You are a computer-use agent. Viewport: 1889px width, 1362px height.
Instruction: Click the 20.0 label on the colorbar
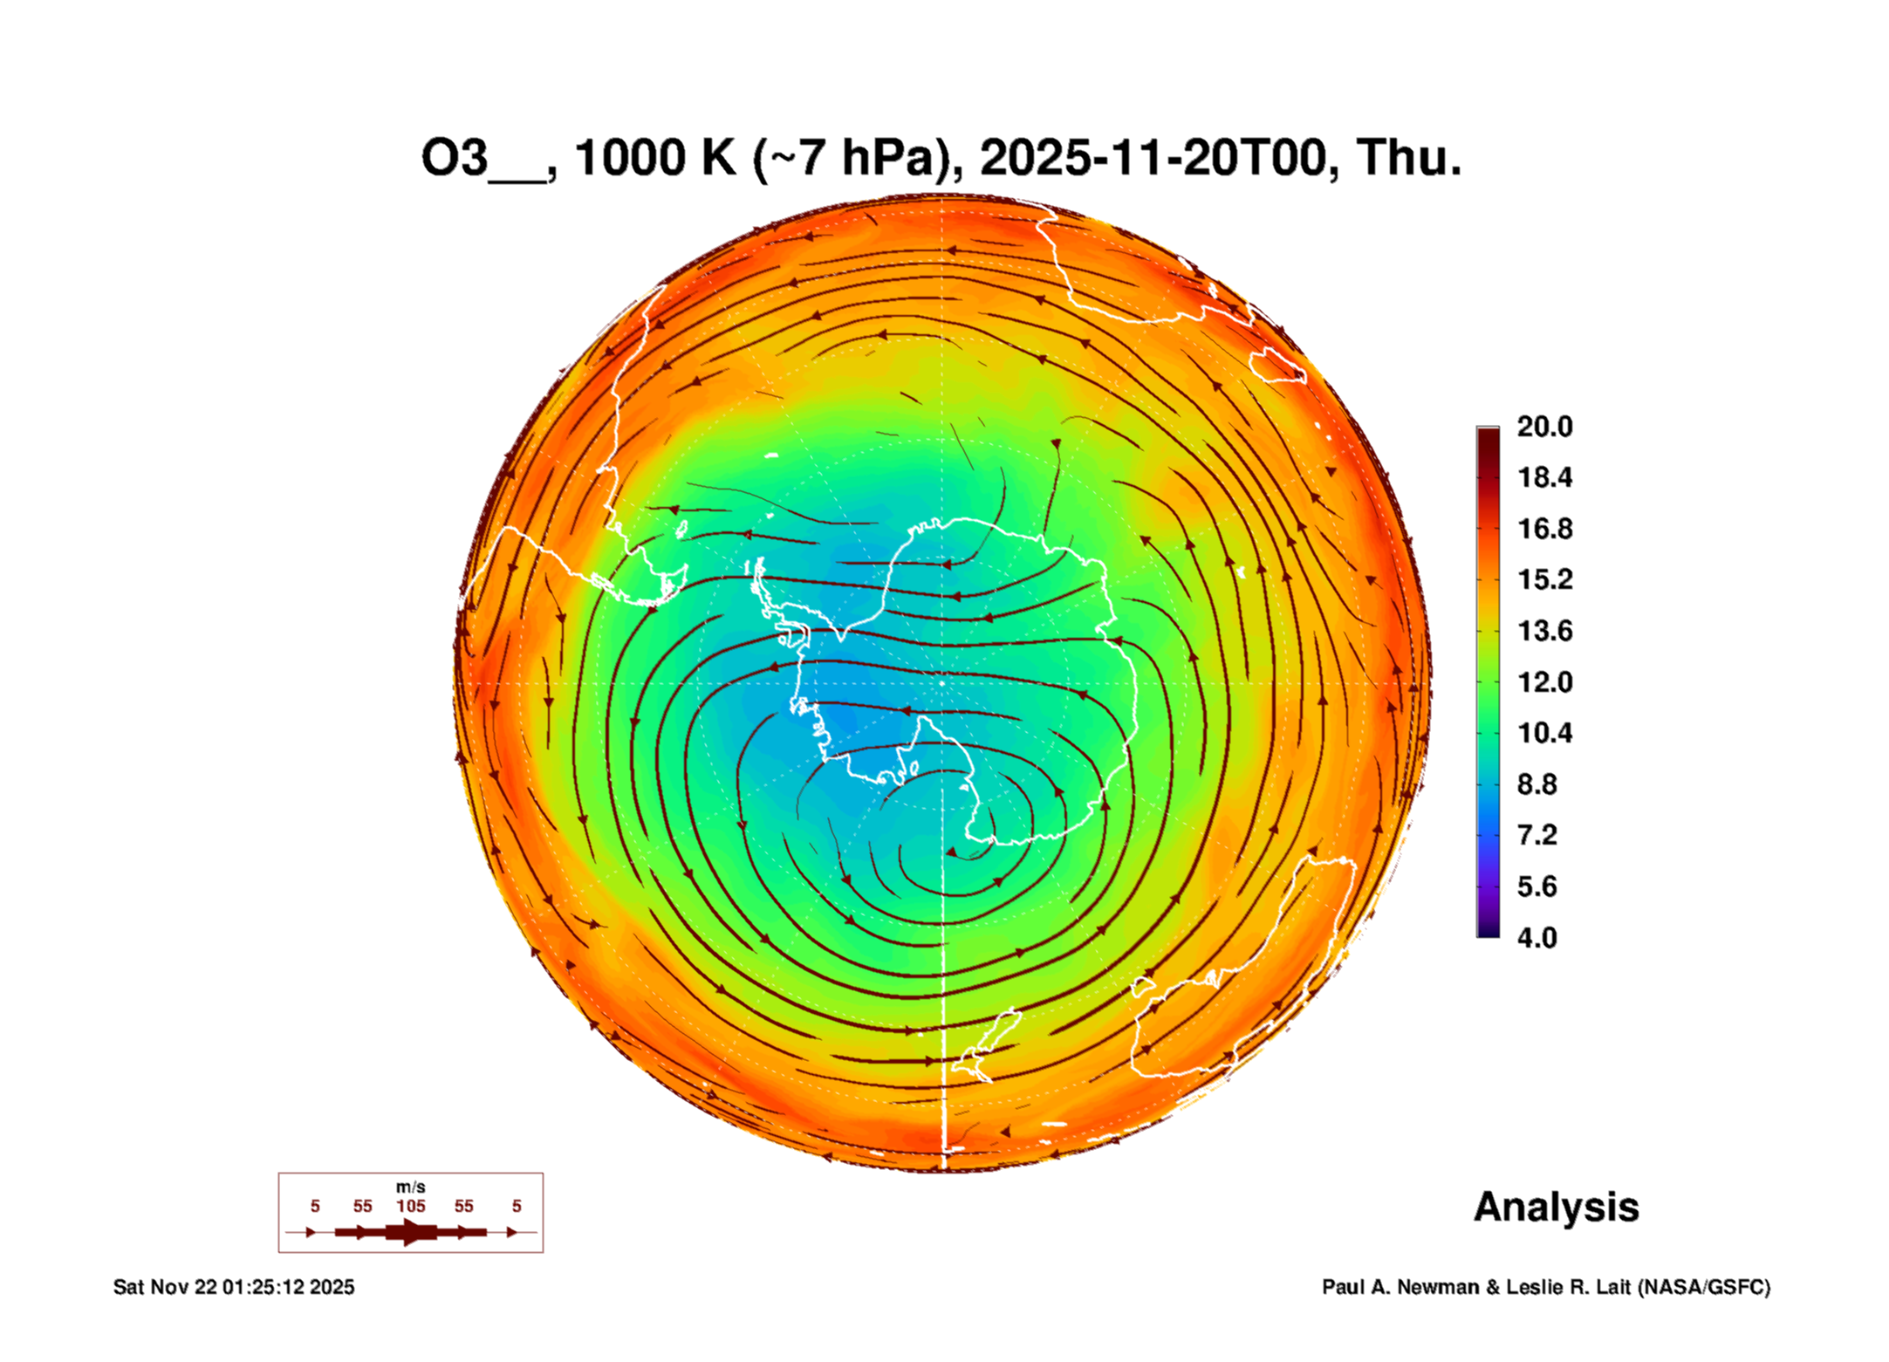(x=1543, y=427)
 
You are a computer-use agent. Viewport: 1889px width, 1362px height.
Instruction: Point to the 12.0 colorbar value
(x=1543, y=681)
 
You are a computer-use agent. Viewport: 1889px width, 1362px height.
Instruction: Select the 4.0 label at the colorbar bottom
(x=1537, y=937)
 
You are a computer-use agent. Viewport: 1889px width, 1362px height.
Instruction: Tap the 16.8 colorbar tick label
(x=1543, y=529)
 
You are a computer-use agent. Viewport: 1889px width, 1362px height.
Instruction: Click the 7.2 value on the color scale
(x=1537, y=835)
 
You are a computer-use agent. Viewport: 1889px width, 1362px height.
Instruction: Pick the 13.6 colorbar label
(x=1543, y=631)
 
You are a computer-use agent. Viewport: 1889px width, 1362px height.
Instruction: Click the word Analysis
(x=1556, y=1207)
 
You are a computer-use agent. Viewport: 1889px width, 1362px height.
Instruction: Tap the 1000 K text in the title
(x=654, y=158)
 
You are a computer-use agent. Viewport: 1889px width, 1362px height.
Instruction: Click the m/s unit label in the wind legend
(x=410, y=1187)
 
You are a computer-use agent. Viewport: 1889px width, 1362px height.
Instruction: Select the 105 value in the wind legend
(x=410, y=1206)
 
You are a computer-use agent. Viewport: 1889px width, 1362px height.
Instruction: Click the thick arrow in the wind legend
(x=410, y=1232)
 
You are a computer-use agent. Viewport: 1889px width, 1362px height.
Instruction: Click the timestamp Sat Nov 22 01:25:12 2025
(x=234, y=1287)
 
